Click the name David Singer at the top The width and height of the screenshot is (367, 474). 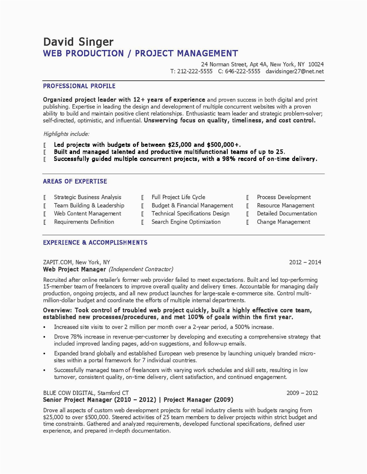click(78, 42)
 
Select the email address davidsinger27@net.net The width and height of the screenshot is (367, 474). click(295, 71)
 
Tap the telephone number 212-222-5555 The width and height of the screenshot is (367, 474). click(195, 71)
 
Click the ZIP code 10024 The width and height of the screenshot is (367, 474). click(316, 64)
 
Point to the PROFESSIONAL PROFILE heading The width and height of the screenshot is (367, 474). click(79, 86)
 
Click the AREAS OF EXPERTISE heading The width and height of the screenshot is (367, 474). click(75, 181)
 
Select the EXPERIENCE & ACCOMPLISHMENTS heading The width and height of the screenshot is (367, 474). click(95, 243)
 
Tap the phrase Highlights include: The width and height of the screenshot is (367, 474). click(66, 134)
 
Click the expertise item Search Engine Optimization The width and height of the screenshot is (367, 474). click(186, 222)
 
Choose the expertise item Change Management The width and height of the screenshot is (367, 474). click(283, 222)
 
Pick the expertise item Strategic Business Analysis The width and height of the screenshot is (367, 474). click(87, 197)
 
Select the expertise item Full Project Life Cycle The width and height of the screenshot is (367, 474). click(178, 197)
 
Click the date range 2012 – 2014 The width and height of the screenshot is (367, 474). click(305, 262)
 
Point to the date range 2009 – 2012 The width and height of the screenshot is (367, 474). click(302, 393)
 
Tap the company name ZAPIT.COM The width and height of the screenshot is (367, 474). click(58, 262)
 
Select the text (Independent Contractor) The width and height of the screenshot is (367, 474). click(141, 269)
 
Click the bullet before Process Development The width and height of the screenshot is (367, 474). click(248, 197)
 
